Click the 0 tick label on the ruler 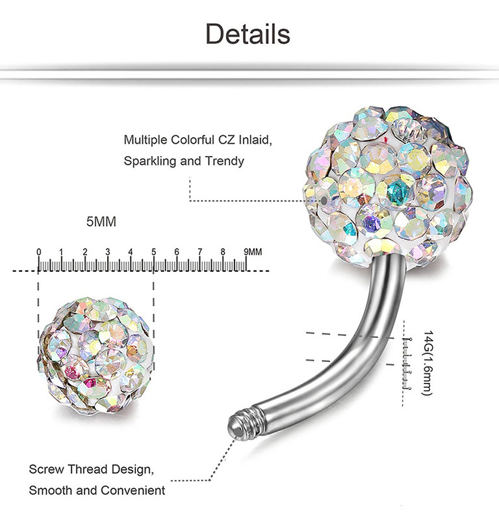tap(39, 252)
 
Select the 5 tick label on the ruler tap(154, 252)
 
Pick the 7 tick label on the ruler tap(199, 252)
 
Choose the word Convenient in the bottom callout tap(135, 489)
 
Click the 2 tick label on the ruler tap(85, 252)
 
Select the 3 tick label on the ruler tap(108, 252)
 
